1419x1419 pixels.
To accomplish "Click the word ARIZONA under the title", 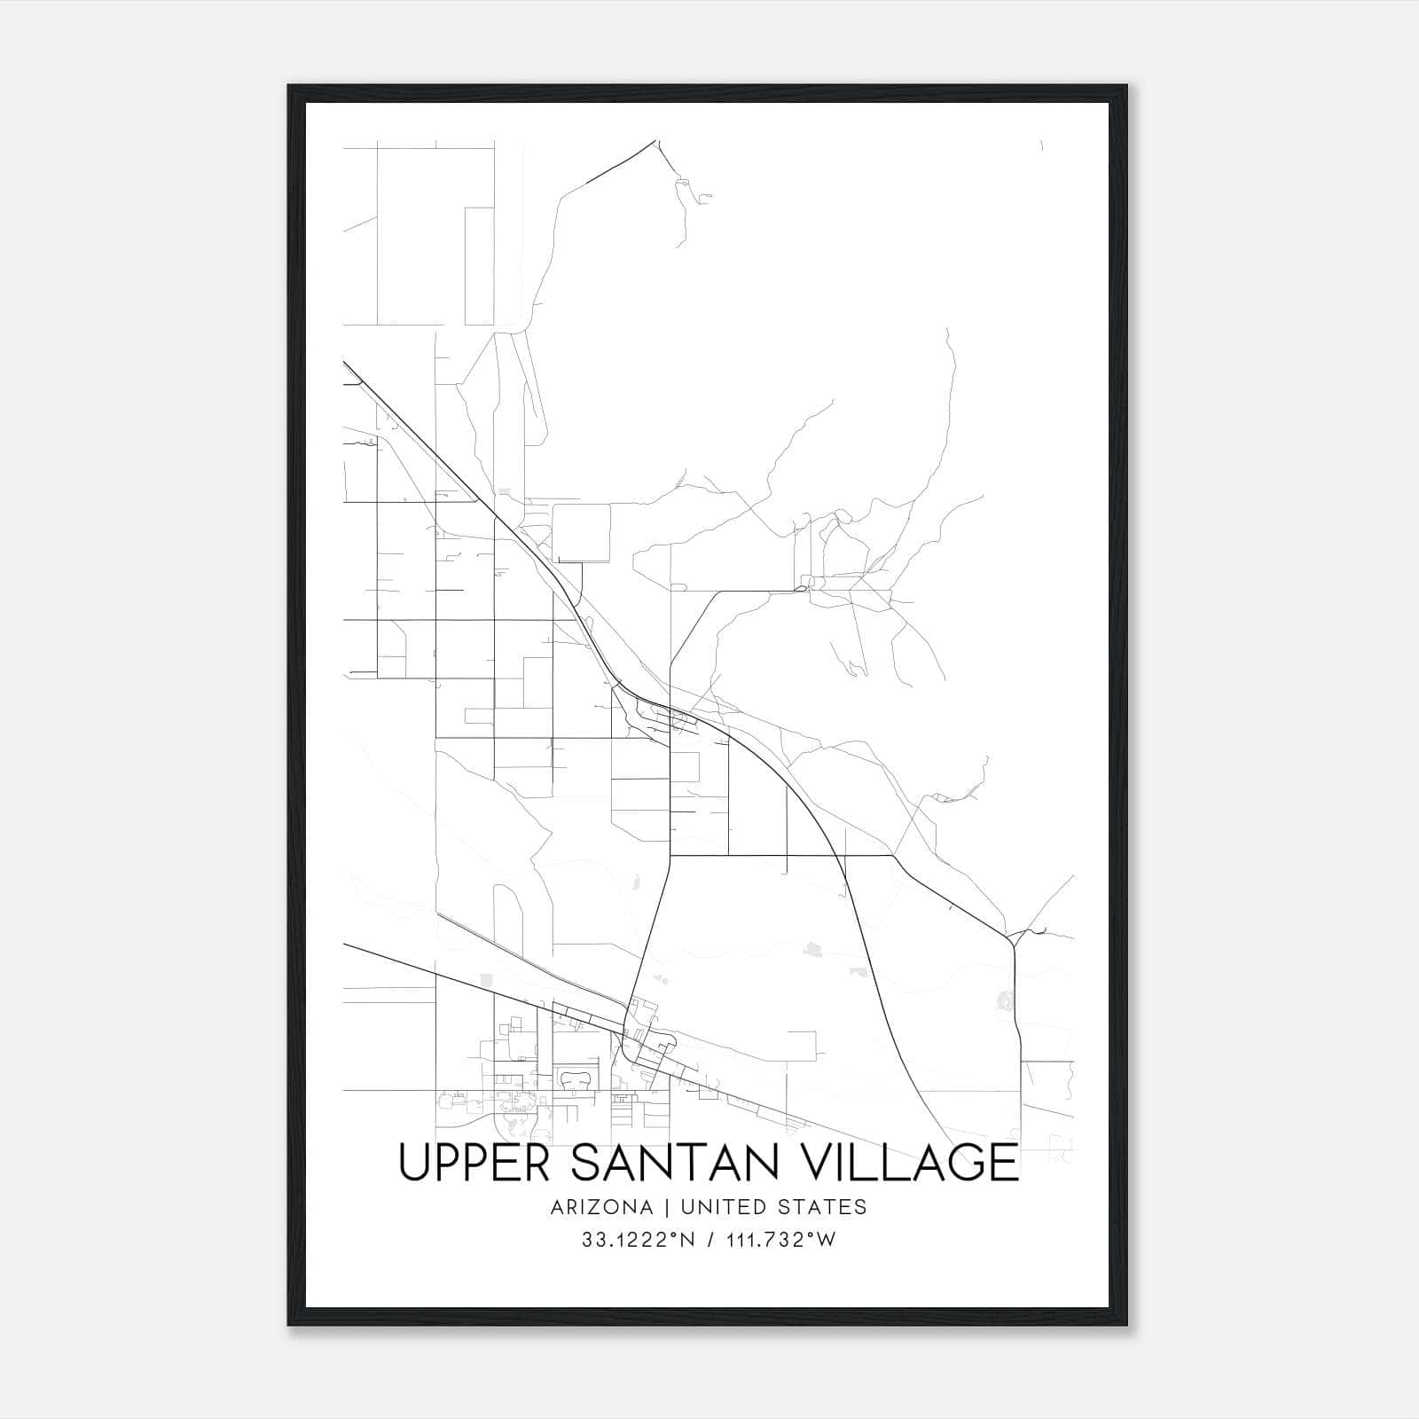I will [600, 1207].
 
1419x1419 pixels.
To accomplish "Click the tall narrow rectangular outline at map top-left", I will [479, 266].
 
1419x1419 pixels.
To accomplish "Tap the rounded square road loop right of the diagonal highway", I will [582, 532].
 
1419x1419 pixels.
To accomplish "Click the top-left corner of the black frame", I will [290, 87].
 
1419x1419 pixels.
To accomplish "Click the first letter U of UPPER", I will [414, 1162].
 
